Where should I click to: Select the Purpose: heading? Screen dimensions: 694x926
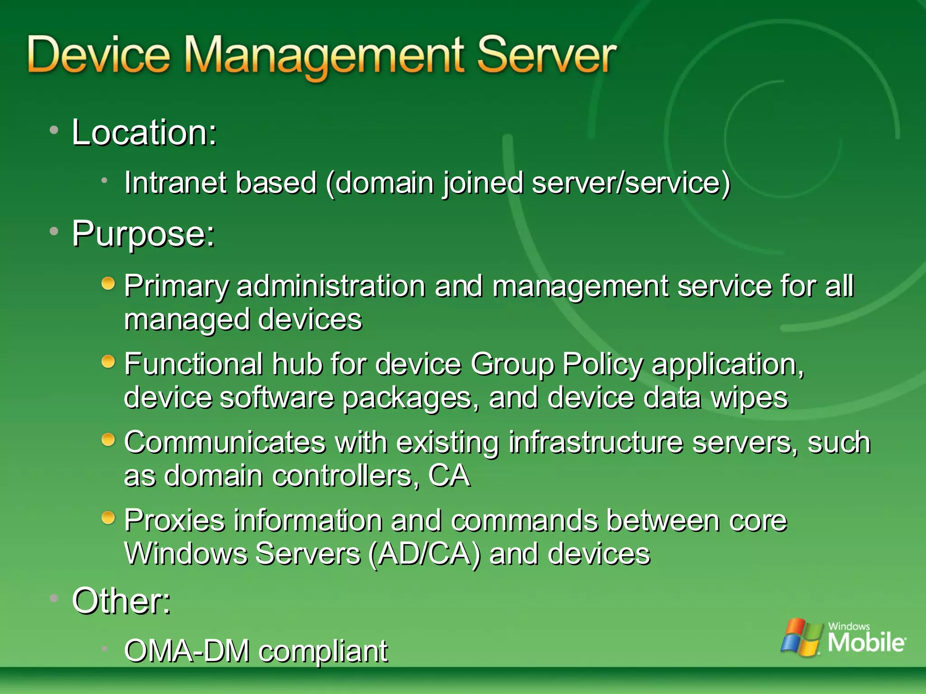click(143, 234)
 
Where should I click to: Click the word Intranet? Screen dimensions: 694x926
click(175, 183)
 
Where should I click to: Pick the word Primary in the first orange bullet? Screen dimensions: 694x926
click(176, 287)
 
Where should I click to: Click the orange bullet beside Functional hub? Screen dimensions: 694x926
click(108, 361)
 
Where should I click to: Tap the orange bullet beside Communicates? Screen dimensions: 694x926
click(108, 440)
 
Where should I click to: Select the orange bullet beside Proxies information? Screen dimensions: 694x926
click(108, 517)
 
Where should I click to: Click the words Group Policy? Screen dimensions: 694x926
click(556, 365)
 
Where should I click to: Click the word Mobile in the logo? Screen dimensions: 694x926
click(866, 642)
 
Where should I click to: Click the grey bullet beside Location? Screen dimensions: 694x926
click(54, 130)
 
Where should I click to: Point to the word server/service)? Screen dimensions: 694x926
click(631, 183)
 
